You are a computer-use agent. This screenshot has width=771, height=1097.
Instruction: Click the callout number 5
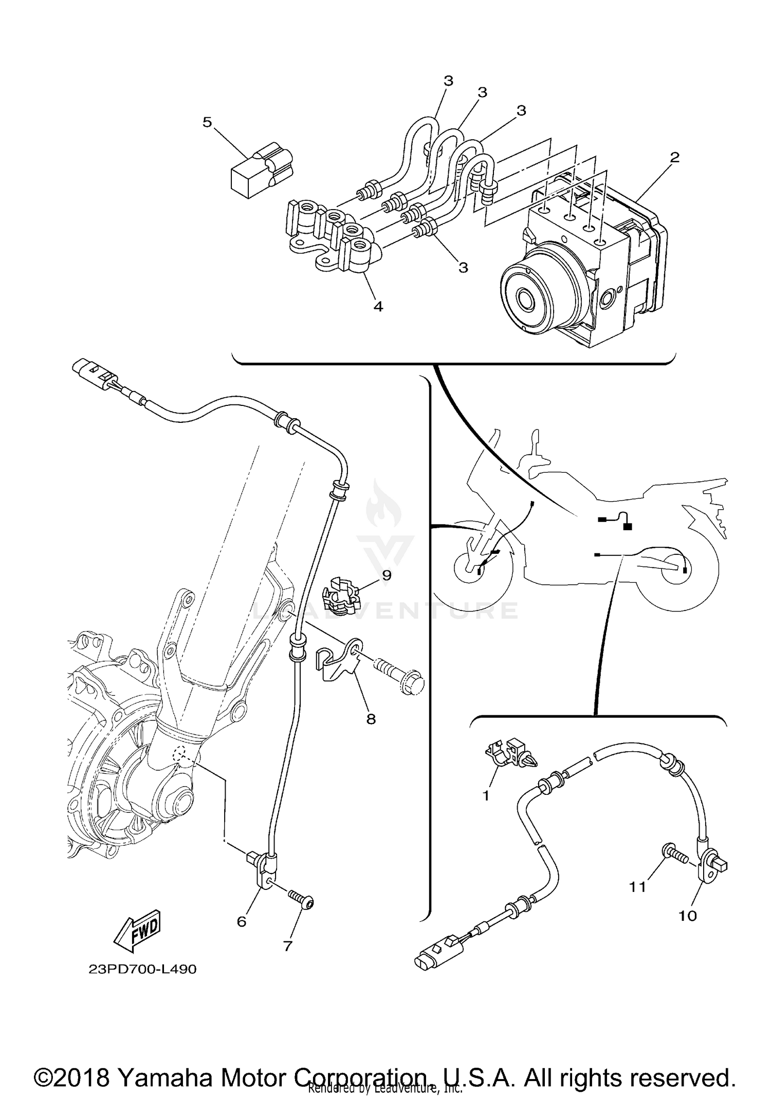207,122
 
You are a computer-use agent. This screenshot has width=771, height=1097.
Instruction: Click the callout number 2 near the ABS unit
674,157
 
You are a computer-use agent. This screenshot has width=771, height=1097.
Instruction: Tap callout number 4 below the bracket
378,307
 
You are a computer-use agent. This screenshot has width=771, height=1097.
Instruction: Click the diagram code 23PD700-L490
142,969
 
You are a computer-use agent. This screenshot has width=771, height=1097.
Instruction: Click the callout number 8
371,719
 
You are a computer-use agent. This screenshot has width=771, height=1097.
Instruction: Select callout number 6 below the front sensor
242,922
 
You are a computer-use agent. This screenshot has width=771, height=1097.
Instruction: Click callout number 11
638,886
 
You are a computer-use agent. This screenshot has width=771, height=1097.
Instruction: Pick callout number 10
688,916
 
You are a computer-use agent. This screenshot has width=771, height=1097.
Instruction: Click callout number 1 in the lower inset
486,796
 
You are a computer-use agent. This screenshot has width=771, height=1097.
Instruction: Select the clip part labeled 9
340,597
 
